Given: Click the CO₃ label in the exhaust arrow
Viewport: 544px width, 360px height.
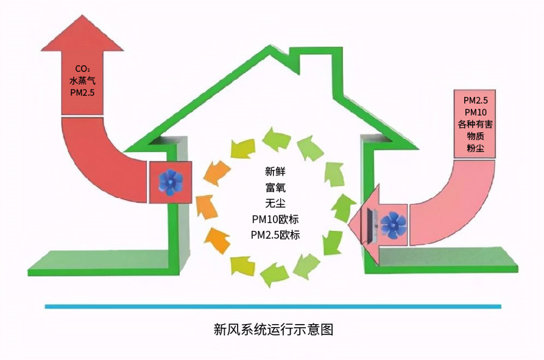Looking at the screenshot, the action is pyautogui.click(x=82, y=69).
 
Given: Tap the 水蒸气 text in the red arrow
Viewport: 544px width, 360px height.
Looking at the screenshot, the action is pyautogui.click(x=82, y=81).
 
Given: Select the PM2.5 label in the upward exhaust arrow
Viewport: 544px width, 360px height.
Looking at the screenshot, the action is pyautogui.click(x=82, y=93).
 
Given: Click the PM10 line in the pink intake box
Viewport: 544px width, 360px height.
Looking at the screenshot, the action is pyautogui.click(x=475, y=112).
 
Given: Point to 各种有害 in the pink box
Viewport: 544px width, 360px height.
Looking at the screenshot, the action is pyautogui.click(x=475, y=124).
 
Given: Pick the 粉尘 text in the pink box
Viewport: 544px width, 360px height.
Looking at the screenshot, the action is pyautogui.click(x=475, y=148).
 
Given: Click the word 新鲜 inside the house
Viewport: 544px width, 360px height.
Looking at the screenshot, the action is pyautogui.click(x=275, y=171).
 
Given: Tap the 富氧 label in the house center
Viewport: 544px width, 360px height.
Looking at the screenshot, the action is pyautogui.click(x=275, y=187).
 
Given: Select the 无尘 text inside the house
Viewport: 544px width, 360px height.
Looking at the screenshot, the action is pyautogui.click(x=275, y=203).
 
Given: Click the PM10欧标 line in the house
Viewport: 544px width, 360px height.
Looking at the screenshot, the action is pyautogui.click(x=275, y=219).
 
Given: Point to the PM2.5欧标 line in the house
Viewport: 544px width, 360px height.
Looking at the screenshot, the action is pyautogui.click(x=275, y=235).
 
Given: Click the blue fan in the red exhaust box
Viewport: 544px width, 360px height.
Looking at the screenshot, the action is pyautogui.click(x=170, y=182).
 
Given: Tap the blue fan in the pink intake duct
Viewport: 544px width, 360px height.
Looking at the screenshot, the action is pyautogui.click(x=393, y=225).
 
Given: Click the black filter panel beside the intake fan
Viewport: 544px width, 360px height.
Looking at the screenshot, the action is pyautogui.click(x=371, y=225).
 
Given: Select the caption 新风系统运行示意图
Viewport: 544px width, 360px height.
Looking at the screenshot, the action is pyautogui.click(x=274, y=329).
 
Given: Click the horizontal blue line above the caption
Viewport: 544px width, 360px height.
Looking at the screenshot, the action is pyautogui.click(x=273, y=306).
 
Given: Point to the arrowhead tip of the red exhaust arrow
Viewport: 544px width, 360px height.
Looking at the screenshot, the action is pyautogui.click(x=83, y=15).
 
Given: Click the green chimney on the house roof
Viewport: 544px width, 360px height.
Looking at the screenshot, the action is pyautogui.click(x=316, y=61).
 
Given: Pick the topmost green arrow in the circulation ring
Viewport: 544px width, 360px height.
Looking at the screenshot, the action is pyautogui.click(x=276, y=139).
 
